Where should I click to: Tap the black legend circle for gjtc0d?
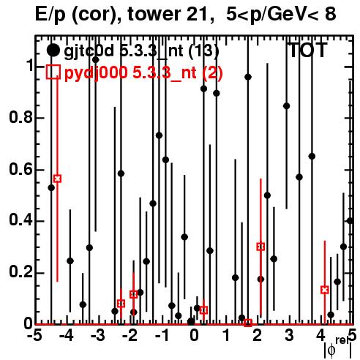(x=53, y=50)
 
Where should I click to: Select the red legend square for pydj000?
(x=53, y=72)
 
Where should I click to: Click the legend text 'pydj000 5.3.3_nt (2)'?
(x=143, y=72)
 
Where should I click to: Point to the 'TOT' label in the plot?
(x=308, y=50)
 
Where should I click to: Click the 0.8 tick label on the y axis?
(x=20, y=117)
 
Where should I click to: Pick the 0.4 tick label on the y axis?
(x=20, y=220)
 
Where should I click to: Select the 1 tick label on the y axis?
(x=30, y=66)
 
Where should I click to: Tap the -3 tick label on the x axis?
(x=98, y=335)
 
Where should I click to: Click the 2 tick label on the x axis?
(x=258, y=335)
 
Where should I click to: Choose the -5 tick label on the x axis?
(x=35, y=335)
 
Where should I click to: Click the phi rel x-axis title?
(x=338, y=348)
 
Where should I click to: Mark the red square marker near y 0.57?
(x=57, y=179)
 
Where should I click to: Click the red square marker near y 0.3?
(x=260, y=247)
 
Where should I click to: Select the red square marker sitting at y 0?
(x=248, y=323)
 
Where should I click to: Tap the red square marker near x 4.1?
(x=325, y=290)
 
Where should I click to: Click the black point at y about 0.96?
(x=248, y=77)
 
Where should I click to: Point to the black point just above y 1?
(x=96, y=60)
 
